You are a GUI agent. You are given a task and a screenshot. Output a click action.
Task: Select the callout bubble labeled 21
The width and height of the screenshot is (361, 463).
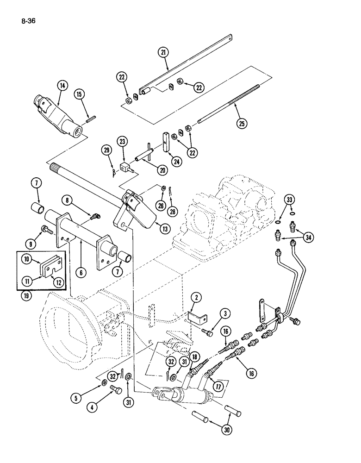tap(163, 53)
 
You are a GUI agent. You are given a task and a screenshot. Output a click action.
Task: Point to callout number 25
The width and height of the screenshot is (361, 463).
tap(242, 123)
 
